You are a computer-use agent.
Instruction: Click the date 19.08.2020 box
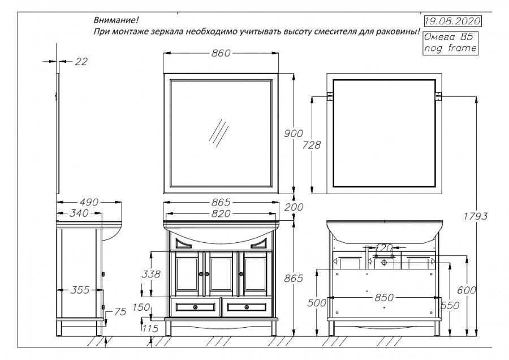click(x=452, y=22)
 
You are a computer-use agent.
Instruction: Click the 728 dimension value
click(x=311, y=145)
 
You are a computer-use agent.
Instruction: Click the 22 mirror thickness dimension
click(x=81, y=62)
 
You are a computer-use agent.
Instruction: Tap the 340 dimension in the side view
click(x=78, y=213)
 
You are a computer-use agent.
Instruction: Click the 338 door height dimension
click(x=149, y=275)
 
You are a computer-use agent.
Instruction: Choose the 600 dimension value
click(x=465, y=290)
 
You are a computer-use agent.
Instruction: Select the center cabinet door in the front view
click(x=221, y=273)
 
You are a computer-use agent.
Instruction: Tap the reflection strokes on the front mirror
click(x=218, y=133)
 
